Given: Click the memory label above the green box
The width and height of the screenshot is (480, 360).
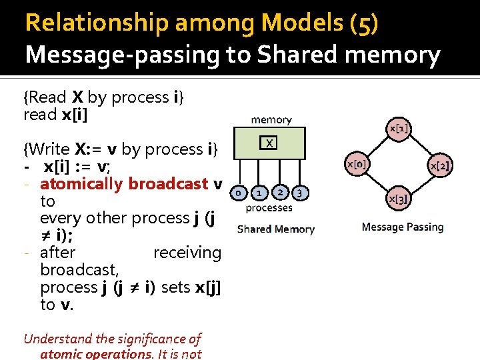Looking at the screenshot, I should pos(271,120).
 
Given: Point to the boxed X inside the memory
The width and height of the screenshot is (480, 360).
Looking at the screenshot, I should pos(269,143).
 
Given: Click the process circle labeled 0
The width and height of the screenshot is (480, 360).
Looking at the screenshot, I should pos(236,193).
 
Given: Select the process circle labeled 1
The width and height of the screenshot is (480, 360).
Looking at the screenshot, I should pos(259,193).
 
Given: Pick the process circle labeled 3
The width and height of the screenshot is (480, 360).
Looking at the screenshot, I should pos(300,193).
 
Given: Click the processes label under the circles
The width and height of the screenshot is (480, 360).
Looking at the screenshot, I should pos(269,207).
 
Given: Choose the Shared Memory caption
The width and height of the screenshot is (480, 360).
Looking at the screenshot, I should pos(275,229).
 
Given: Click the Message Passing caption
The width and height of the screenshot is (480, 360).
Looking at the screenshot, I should pos(402,227).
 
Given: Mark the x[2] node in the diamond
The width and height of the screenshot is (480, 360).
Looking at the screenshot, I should pos(440,165).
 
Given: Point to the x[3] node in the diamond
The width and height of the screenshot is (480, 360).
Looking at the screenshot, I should pos(398,197).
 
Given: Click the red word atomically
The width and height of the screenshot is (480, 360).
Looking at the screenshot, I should pos(82,183).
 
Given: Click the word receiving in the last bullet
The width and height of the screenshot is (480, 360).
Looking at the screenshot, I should pos(187,253).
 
